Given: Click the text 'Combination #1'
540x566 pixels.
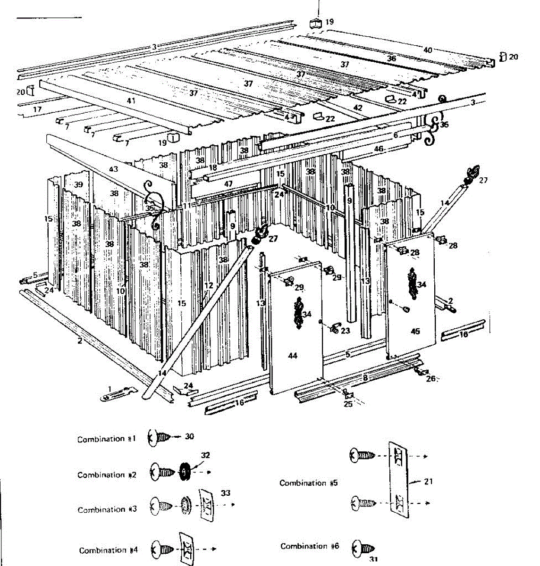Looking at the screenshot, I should (x=107, y=439).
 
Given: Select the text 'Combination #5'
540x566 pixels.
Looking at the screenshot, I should (x=309, y=483).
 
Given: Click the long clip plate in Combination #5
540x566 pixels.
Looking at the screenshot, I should (x=398, y=480).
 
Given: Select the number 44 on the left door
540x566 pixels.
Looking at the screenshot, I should (x=293, y=356).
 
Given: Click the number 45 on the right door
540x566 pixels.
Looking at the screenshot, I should (x=415, y=332).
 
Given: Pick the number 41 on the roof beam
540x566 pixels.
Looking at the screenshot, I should (x=131, y=100).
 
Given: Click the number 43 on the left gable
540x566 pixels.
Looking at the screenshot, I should (x=113, y=169).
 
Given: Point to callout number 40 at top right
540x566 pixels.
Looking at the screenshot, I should (x=428, y=50).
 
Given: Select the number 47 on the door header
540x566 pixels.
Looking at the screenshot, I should (x=228, y=183).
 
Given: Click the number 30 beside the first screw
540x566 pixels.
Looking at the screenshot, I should (x=189, y=437).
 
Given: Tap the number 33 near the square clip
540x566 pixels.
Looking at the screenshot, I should (x=226, y=493).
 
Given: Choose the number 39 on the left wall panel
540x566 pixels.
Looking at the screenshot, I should (x=78, y=184).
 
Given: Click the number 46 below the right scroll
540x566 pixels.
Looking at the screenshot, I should (x=379, y=149).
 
